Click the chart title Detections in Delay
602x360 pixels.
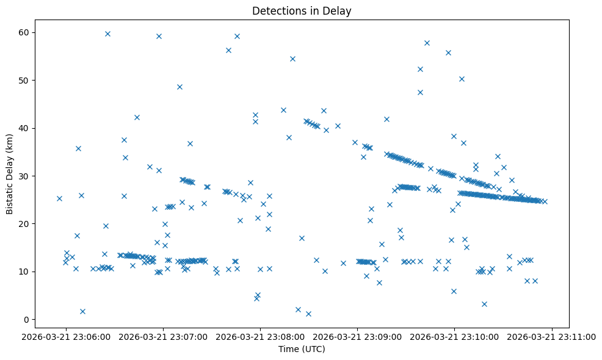coord(301,11)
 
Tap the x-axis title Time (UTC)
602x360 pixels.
coord(301,349)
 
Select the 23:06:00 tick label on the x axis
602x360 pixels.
coord(67,336)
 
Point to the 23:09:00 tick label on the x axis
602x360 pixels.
coord(358,336)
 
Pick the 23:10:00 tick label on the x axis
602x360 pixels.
coord(455,336)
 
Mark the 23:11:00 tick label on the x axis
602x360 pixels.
coord(552,336)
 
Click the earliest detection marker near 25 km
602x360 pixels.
coord(59,198)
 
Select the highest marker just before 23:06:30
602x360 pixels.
coord(107,34)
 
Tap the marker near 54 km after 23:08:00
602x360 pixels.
coord(292,59)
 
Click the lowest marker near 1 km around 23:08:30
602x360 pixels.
coord(308,314)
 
